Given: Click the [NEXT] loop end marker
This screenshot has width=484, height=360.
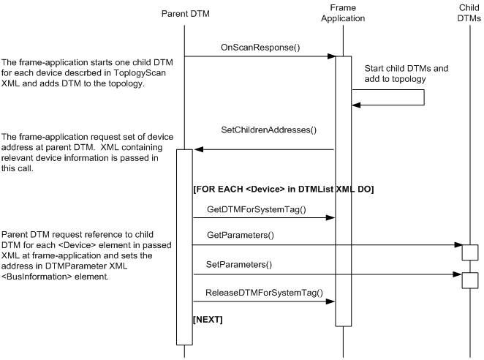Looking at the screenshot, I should click(208, 320).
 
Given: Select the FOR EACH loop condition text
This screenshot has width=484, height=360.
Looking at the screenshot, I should click(283, 190).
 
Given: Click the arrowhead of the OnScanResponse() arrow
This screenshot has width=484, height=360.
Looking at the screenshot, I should click(331, 56).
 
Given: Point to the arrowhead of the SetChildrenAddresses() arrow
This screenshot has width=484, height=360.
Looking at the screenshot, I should click(198, 150).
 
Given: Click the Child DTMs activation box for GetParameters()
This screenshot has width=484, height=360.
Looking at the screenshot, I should click(470, 252).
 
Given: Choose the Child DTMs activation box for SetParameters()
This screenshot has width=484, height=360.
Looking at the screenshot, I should click(470, 280).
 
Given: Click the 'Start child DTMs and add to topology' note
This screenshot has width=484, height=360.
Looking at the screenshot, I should click(407, 73).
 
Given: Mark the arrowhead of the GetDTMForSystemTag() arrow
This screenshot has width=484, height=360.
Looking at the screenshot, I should click(331, 217).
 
